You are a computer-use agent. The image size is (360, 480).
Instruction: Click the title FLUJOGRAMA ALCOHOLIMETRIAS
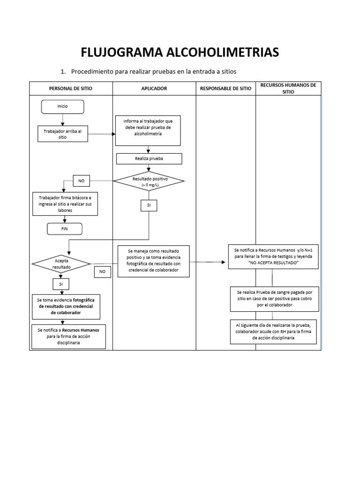[x=180, y=52]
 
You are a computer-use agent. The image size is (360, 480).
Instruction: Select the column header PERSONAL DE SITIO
[x=71, y=88]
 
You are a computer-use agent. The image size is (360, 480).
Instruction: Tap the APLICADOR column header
[x=154, y=88]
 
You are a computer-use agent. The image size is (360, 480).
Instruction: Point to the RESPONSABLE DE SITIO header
[x=225, y=88]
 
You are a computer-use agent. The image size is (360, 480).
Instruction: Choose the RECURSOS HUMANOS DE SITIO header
[x=288, y=88]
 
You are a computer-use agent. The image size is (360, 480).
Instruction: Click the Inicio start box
[x=62, y=106]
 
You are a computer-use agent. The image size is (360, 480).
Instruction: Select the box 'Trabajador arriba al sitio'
[x=62, y=135]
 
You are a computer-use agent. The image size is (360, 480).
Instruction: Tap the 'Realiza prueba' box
[x=149, y=159]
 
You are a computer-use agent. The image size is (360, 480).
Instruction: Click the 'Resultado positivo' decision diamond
[x=150, y=182]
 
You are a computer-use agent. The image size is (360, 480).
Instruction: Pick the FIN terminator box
[x=64, y=229]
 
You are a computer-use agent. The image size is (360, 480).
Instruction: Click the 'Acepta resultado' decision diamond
[x=61, y=263]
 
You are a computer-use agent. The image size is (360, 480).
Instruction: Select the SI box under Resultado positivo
[x=149, y=205]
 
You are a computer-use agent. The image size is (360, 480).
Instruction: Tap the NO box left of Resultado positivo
[x=82, y=180]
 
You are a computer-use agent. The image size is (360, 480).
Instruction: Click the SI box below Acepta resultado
[x=61, y=284]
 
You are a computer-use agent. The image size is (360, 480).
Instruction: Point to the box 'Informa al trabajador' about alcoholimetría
[x=149, y=127]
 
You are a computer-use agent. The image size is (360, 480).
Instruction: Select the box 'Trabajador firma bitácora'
[x=65, y=204]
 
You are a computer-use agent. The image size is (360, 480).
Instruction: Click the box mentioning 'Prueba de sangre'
[x=275, y=299]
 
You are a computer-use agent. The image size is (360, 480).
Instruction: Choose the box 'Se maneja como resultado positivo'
[x=153, y=261]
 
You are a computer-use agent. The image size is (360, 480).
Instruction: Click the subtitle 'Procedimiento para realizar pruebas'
[x=154, y=72]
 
